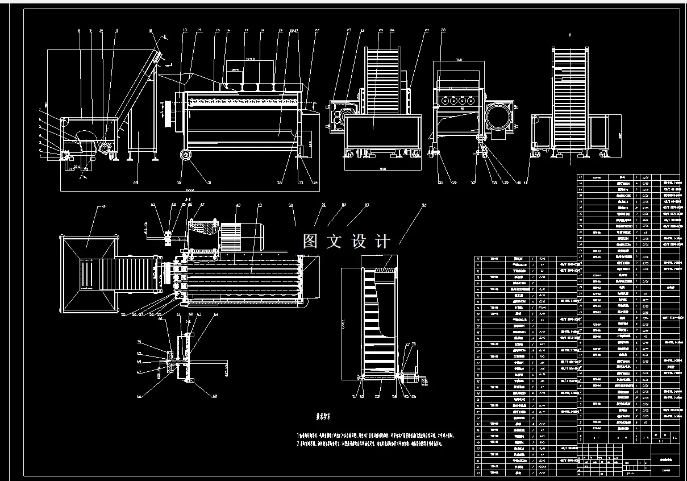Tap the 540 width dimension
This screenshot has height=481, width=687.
(x=383, y=169)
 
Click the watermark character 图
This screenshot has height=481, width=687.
(x=310, y=241)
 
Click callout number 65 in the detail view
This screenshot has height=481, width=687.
(x=189, y=314)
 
